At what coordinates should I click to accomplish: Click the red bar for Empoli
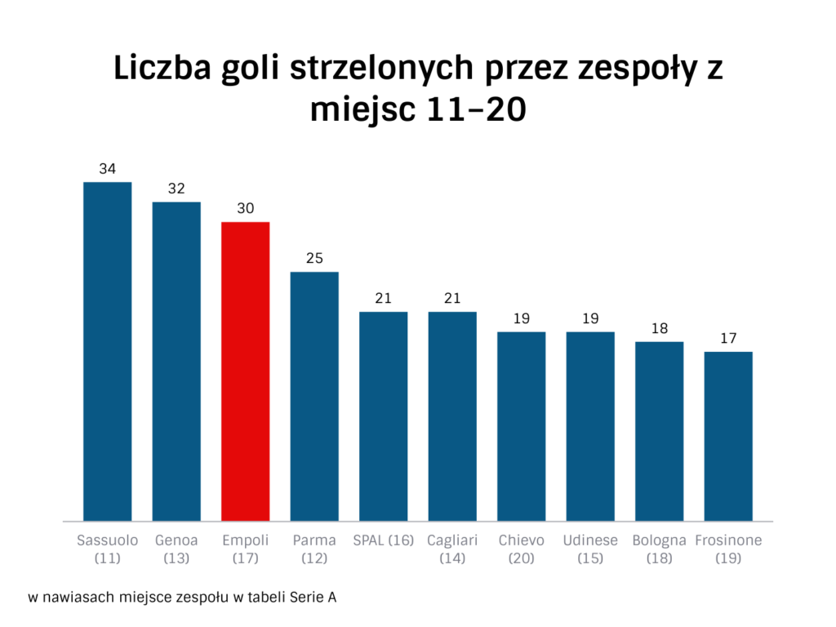(246, 371)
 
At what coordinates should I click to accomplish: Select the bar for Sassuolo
(108, 351)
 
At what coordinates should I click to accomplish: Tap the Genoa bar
(176, 361)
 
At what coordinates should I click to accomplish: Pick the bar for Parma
(314, 396)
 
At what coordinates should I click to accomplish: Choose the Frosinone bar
(728, 436)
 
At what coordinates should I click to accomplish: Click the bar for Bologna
(659, 431)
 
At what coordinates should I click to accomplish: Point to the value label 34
(108, 169)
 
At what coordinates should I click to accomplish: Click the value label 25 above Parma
(314, 259)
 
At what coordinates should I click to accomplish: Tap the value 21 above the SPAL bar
(384, 299)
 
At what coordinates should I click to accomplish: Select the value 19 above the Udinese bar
(590, 318)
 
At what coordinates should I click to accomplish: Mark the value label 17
(728, 339)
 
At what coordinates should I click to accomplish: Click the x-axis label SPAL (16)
(384, 540)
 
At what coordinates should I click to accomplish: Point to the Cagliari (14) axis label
(452, 549)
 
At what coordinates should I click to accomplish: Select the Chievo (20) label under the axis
(522, 549)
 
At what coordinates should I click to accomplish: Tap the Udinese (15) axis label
(590, 549)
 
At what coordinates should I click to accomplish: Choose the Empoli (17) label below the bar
(246, 549)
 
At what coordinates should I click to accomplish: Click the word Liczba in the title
(162, 69)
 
